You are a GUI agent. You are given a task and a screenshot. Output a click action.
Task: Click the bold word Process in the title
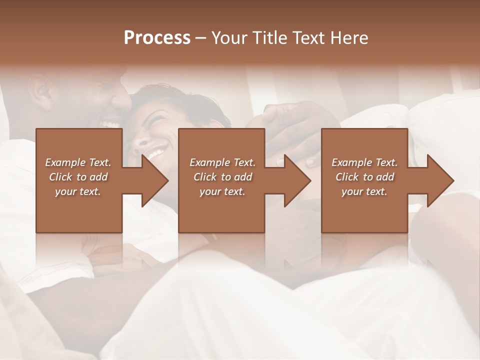pos(157,38)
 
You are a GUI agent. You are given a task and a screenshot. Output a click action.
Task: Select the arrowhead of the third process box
pos(439,180)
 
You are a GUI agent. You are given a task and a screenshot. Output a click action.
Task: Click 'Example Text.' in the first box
pos(78,162)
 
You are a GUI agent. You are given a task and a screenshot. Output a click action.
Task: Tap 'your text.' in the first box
pos(78,191)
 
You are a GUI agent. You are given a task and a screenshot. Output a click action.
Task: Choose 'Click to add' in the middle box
pos(222,177)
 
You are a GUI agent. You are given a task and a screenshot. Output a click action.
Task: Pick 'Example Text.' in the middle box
pos(222,162)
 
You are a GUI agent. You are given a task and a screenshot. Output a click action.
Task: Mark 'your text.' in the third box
pos(364,191)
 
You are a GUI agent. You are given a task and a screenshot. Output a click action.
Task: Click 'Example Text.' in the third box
pos(364,162)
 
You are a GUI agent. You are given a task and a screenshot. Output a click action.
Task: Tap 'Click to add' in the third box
pos(364,177)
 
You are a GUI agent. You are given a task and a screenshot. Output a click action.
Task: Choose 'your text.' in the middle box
pos(222,191)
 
